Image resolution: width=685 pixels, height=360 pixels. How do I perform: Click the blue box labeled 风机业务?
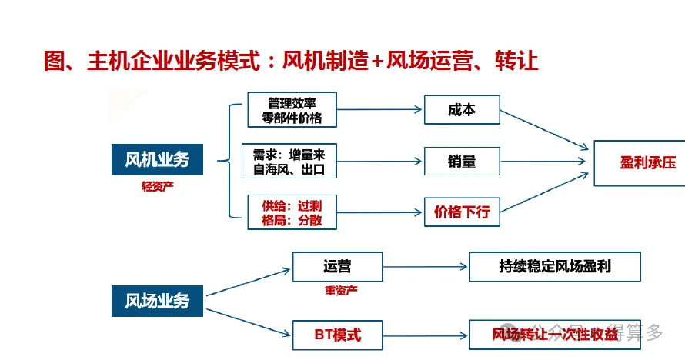coord(157,159)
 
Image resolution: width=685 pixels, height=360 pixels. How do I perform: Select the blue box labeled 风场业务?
coord(157,301)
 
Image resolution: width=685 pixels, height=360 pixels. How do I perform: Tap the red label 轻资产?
coord(157,187)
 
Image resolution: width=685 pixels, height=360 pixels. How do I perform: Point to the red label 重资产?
coord(341,290)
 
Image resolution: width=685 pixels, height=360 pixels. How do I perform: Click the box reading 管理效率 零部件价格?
coord(292,110)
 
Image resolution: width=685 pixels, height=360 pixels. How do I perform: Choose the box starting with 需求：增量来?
coord(289,162)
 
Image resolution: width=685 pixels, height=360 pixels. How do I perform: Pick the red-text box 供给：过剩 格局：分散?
coord(292,212)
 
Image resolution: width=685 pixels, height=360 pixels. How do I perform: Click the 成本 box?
coord(462,110)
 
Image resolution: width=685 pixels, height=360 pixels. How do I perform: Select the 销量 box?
coord(462,162)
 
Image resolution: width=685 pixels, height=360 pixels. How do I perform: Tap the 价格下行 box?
coord(462,212)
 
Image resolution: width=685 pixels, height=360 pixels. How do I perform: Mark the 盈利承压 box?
coord(640,163)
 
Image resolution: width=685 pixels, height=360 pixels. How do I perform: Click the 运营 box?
coord(338,267)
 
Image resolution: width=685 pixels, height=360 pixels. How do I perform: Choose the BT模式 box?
coord(338,335)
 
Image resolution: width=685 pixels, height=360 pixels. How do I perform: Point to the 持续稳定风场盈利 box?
coord(555,267)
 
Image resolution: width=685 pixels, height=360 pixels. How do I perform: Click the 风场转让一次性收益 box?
coord(555,335)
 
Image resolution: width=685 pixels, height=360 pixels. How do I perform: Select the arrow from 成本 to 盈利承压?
coord(544,130)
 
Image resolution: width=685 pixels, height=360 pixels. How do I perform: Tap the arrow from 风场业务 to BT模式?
coord(248,322)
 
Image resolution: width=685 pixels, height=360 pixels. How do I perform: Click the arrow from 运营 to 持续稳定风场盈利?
coord(426,267)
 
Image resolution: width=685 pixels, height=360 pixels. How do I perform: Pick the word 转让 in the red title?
coord(516,61)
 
